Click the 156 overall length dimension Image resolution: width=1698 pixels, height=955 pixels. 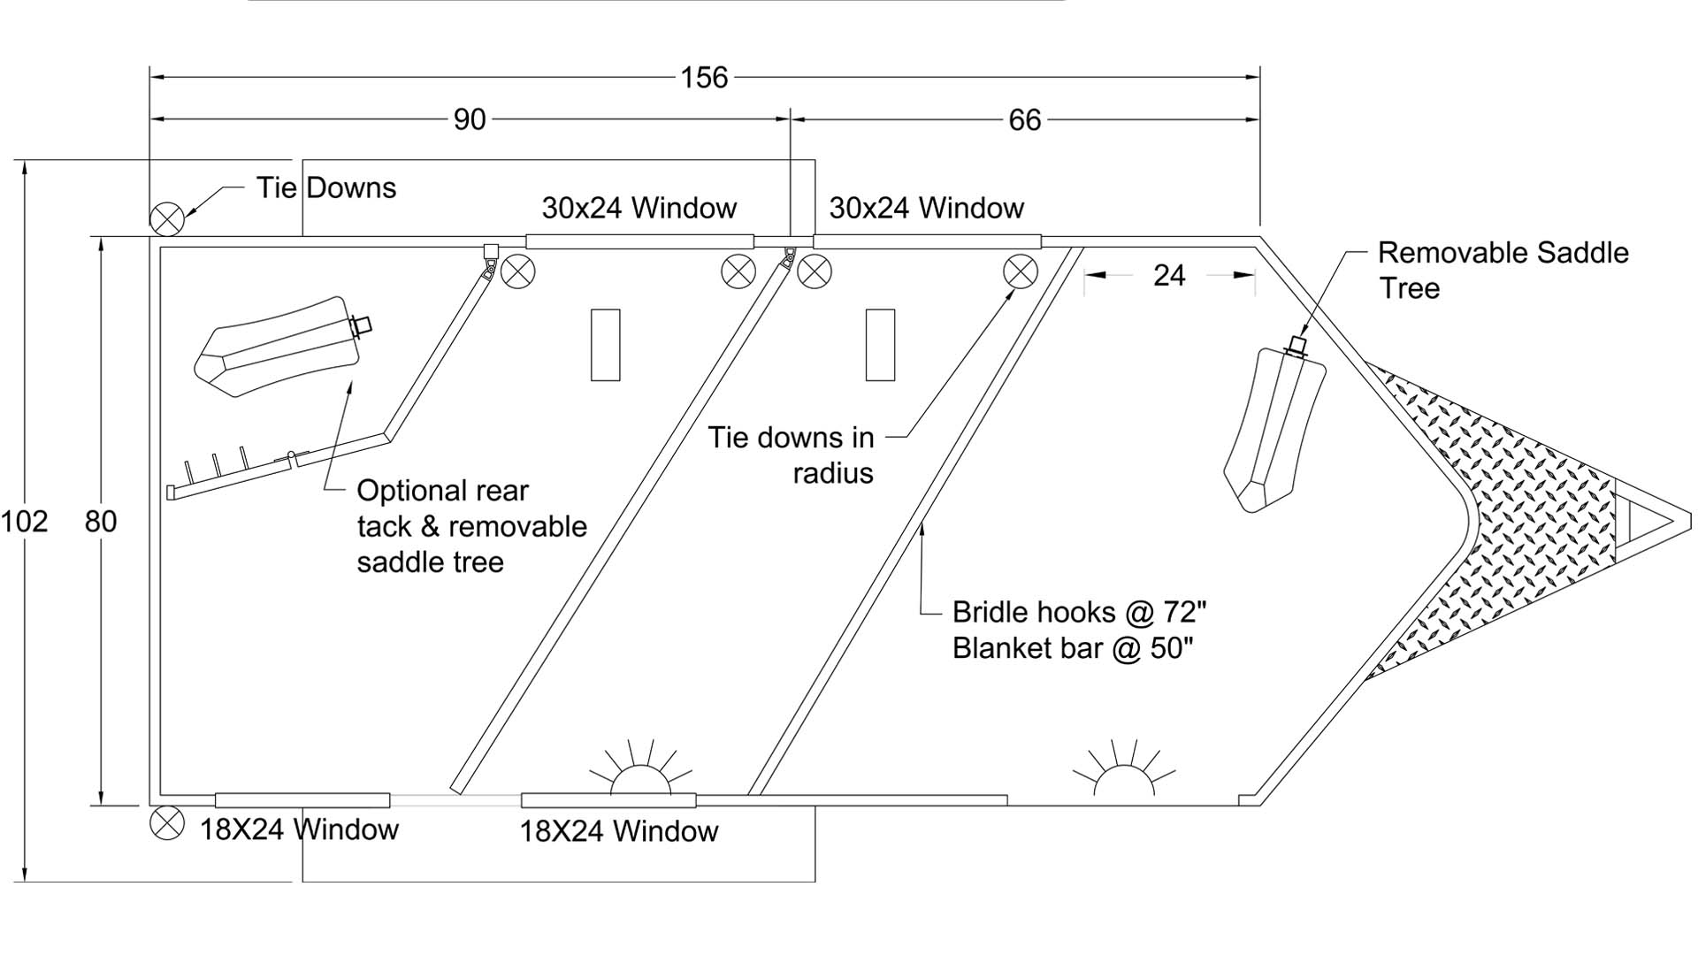pyautogui.click(x=704, y=78)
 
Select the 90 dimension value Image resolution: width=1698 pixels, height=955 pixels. pyautogui.click(x=470, y=119)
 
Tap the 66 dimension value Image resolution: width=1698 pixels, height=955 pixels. pyautogui.click(x=1025, y=119)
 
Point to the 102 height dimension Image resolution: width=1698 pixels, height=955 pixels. pyautogui.click(x=24, y=522)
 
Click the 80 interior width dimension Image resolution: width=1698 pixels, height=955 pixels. pyautogui.click(x=101, y=522)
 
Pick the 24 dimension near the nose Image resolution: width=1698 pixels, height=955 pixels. pyautogui.click(x=1168, y=276)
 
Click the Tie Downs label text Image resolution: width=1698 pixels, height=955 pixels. pyautogui.click(x=326, y=187)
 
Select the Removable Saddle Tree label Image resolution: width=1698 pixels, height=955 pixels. pyautogui.click(x=1503, y=270)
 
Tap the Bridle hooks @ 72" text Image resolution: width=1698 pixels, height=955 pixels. pyautogui.click(x=1079, y=612)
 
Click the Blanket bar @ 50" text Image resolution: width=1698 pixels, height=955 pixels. pyautogui.click(x=1072, y=648)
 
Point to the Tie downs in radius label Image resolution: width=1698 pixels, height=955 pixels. pyautogui.click(x=791, y=455)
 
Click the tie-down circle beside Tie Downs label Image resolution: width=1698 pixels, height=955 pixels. pyautogui.click(x=166, y=218)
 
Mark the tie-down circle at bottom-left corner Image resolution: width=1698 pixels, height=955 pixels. pyautogui.click(x=166, y=823)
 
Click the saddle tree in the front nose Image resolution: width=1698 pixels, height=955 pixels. pyautogui.click(x=1274, y=429)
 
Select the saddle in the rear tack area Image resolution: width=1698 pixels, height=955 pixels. pyautogui.click(x=277, y=346)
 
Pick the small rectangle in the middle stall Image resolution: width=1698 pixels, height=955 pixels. pyautogui.click(x=880, y=345)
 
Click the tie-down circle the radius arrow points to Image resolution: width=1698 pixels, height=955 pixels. pyautogui.click(x=1021, y=271)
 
